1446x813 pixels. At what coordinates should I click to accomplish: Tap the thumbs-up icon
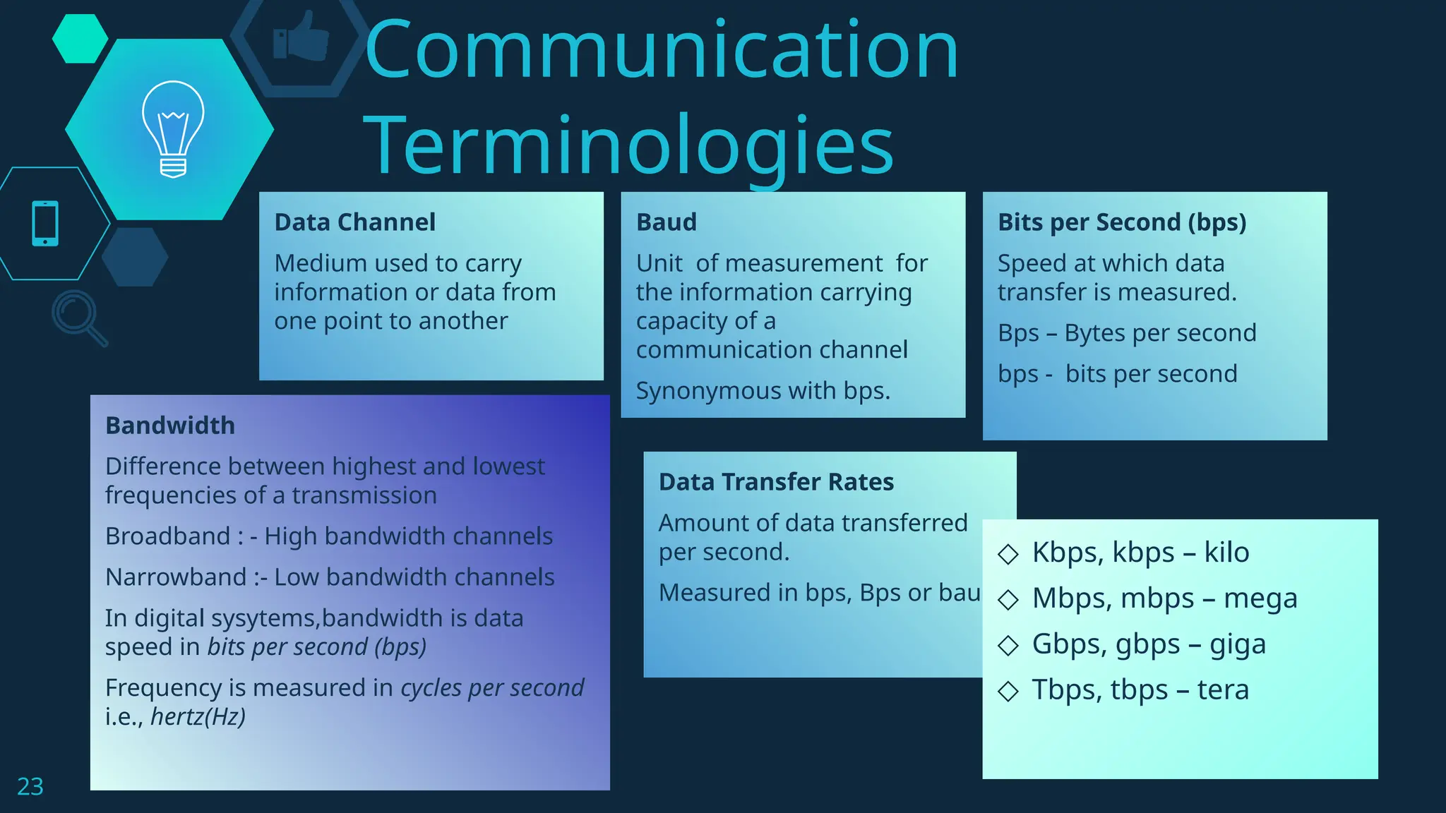coord(301,37)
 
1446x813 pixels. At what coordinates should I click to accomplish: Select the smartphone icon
coord(45,224)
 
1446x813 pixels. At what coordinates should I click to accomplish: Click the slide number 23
coord(30,786)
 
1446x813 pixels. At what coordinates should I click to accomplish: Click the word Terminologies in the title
coord(628,145)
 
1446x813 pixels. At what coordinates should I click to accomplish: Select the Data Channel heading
coord(354,222)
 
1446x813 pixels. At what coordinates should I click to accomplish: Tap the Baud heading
coord(666,222)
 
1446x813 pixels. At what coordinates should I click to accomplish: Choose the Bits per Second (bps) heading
coord(1121,222)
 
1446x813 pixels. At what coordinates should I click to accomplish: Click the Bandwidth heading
coord(169,426)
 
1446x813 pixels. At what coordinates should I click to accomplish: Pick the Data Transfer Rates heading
coord(776,482)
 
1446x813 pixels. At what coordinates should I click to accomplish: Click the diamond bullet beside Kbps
coord(1008,554)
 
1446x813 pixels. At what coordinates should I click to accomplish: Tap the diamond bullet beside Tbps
coord(1008,691)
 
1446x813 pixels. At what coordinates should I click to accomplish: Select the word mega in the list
coord(1260,599)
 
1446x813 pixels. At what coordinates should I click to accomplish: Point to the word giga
coord(1237,644)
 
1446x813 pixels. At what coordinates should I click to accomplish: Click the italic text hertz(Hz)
coord(198,717)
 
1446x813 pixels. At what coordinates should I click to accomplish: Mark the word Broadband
coord(168,536)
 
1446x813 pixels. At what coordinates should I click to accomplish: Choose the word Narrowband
coord(176,577)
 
